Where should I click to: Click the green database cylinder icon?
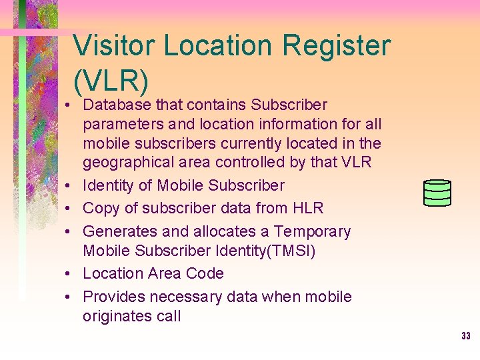click(437, 193)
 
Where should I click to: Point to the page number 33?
click(465, 336)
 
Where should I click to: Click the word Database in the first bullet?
click(117, 105)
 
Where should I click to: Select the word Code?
click(206, 273)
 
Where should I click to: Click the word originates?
click(116, 316)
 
